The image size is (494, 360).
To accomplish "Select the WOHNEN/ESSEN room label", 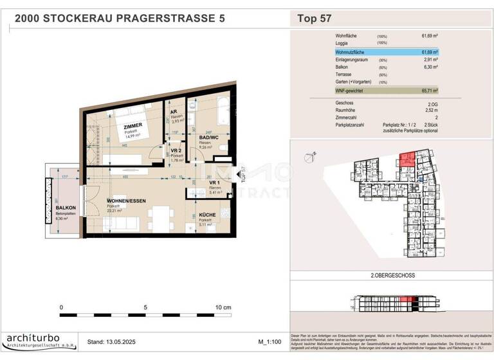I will click(126, 201).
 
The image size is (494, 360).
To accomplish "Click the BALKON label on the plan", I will click(66, 208).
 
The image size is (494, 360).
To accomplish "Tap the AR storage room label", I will click(173, 112).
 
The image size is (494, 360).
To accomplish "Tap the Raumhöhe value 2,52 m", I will click(430, 110).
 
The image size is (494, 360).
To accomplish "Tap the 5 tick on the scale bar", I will click(145, 308).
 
